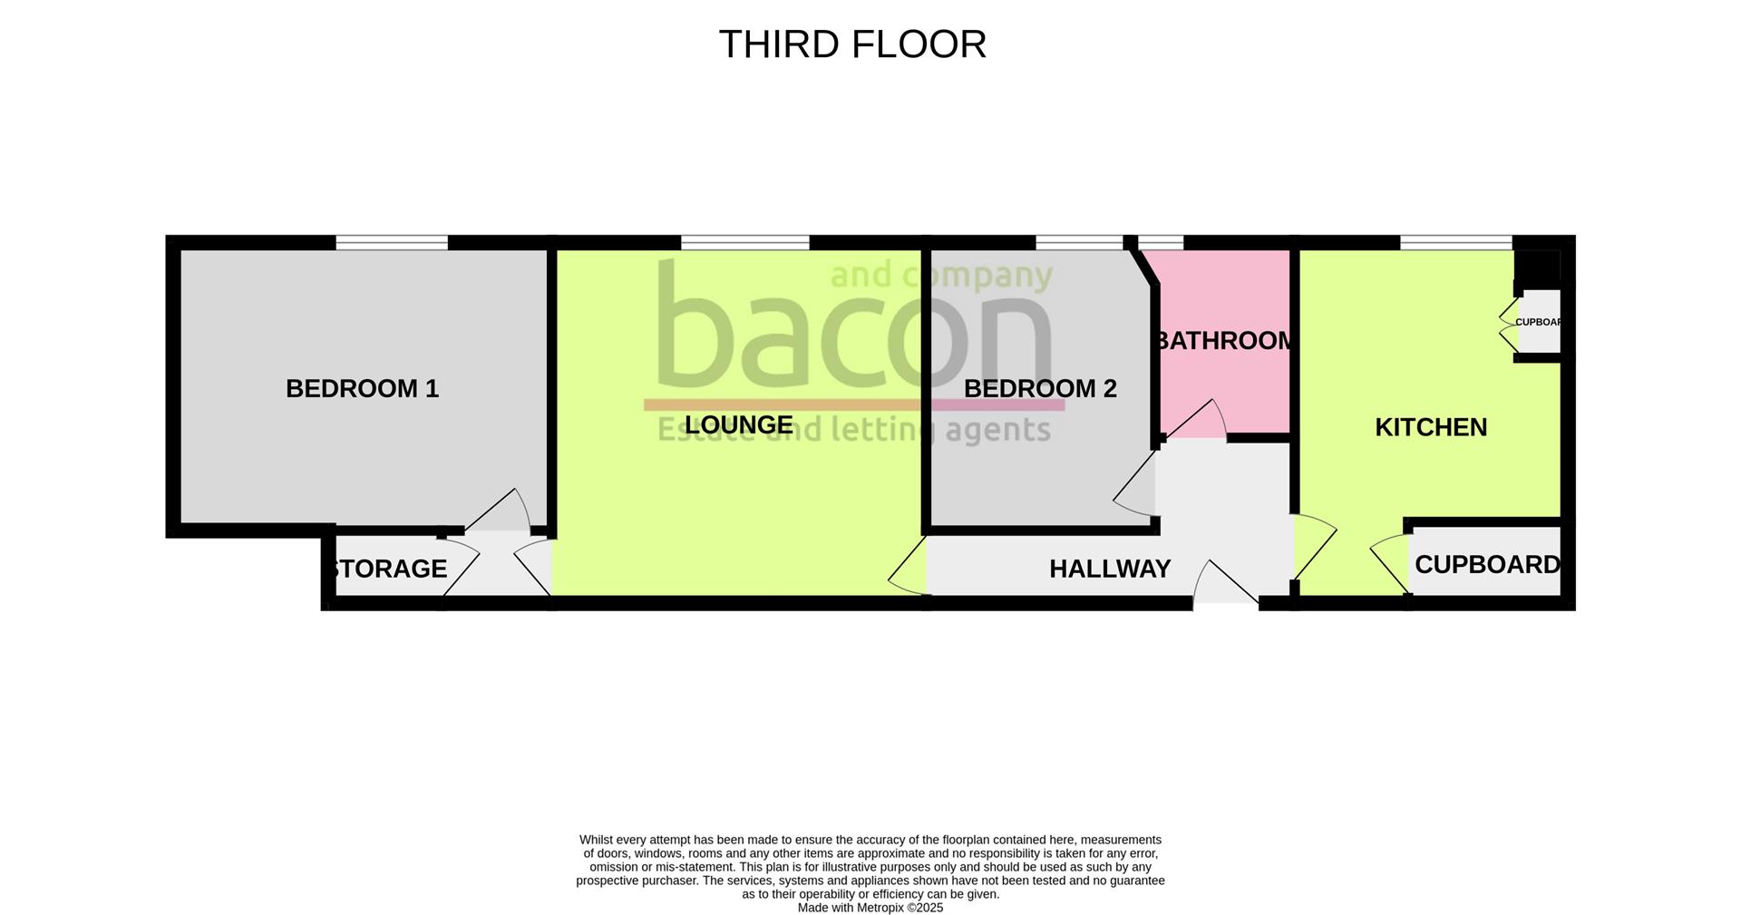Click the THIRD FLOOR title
click(x=852, y=44)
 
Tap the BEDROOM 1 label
click(x=362, y=389)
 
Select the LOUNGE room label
click(x=738, y=424)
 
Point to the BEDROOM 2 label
click(x=1039, y=389)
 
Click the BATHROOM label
click(x=1223, y=341)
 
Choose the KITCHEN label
click(x=1430, y=427)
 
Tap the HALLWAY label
click(x=1109, y=569)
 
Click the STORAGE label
click(x=390, y=569)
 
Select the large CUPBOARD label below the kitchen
click(x=1486, y=565)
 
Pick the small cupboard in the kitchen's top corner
click(x=1539, y=322)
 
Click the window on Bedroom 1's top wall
click(x=392, y=242)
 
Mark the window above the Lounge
click(x=744, y=242)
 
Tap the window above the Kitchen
click(x=1455, y=242)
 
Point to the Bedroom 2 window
click(x=1079, y=242)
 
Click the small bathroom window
click(x=1161, y=242)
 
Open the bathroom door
click(x=1195, y=423)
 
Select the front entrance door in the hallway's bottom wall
click(x=1226, y=585)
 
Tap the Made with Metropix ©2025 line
click(x=870, y=908)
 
